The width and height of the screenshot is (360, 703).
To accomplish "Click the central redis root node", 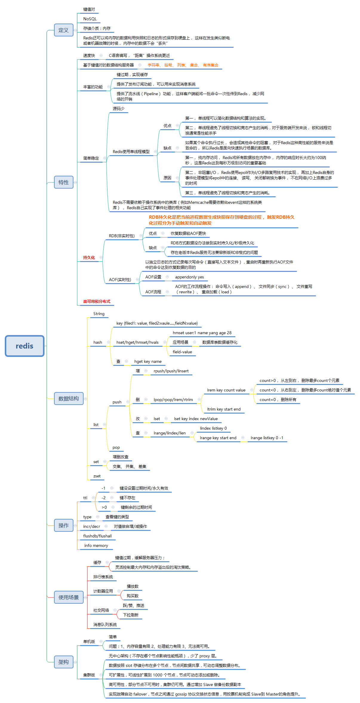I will click(24, 346).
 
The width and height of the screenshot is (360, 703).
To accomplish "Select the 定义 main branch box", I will click(64, 30).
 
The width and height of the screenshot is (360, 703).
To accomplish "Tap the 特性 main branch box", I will click(64, 182).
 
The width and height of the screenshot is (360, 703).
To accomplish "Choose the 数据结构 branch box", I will click(69, 398).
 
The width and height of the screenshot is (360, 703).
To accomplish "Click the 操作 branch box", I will click(64, 525).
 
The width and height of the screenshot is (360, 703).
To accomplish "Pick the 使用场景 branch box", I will click(69, 597).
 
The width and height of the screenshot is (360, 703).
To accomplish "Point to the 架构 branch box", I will click(64, 662).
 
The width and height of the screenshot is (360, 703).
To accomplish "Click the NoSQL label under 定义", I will click(90, 19).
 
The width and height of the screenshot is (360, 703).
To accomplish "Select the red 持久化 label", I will click(89, 258).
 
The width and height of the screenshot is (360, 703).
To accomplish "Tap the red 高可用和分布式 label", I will click(97, 301).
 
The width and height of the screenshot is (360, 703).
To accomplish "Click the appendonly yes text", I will click(190, 277).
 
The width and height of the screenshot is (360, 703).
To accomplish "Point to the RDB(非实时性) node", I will click(122, 236).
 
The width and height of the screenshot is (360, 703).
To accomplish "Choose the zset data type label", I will click(97, 476).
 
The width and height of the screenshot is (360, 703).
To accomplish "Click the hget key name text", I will click(148, 361).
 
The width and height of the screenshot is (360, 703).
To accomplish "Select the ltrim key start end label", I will click(224, 409).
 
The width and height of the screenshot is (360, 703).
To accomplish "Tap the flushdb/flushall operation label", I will click(97, 536).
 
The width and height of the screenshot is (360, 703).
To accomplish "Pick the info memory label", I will click(96, 545).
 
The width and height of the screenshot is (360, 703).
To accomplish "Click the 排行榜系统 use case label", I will click(103, 577).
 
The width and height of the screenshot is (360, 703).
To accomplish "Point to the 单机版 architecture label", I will click(89, 641).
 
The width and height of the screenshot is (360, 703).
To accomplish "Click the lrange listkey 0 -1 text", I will click(267, 438).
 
